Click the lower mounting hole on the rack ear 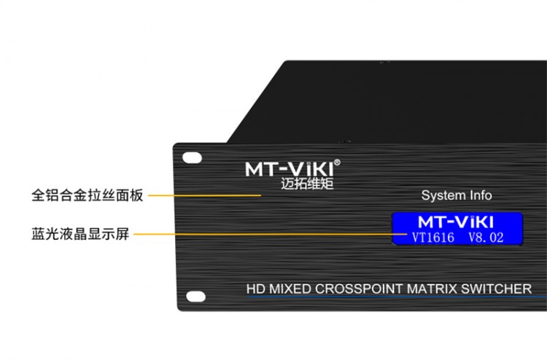tap(194, 295)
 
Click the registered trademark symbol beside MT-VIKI tap(337, 161)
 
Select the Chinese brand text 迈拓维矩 tap(306, 184)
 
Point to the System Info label tap(457, 195)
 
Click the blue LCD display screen tap(457, 228)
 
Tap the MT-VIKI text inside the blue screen tap(457, 221)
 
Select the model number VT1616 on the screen tap(433, 236)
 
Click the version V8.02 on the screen tap(484, 236)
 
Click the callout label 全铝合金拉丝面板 tap(88, 195)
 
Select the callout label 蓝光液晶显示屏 tap(81, 235)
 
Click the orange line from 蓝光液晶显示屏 tap(263, 235)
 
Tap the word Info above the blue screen tap(478, 195)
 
